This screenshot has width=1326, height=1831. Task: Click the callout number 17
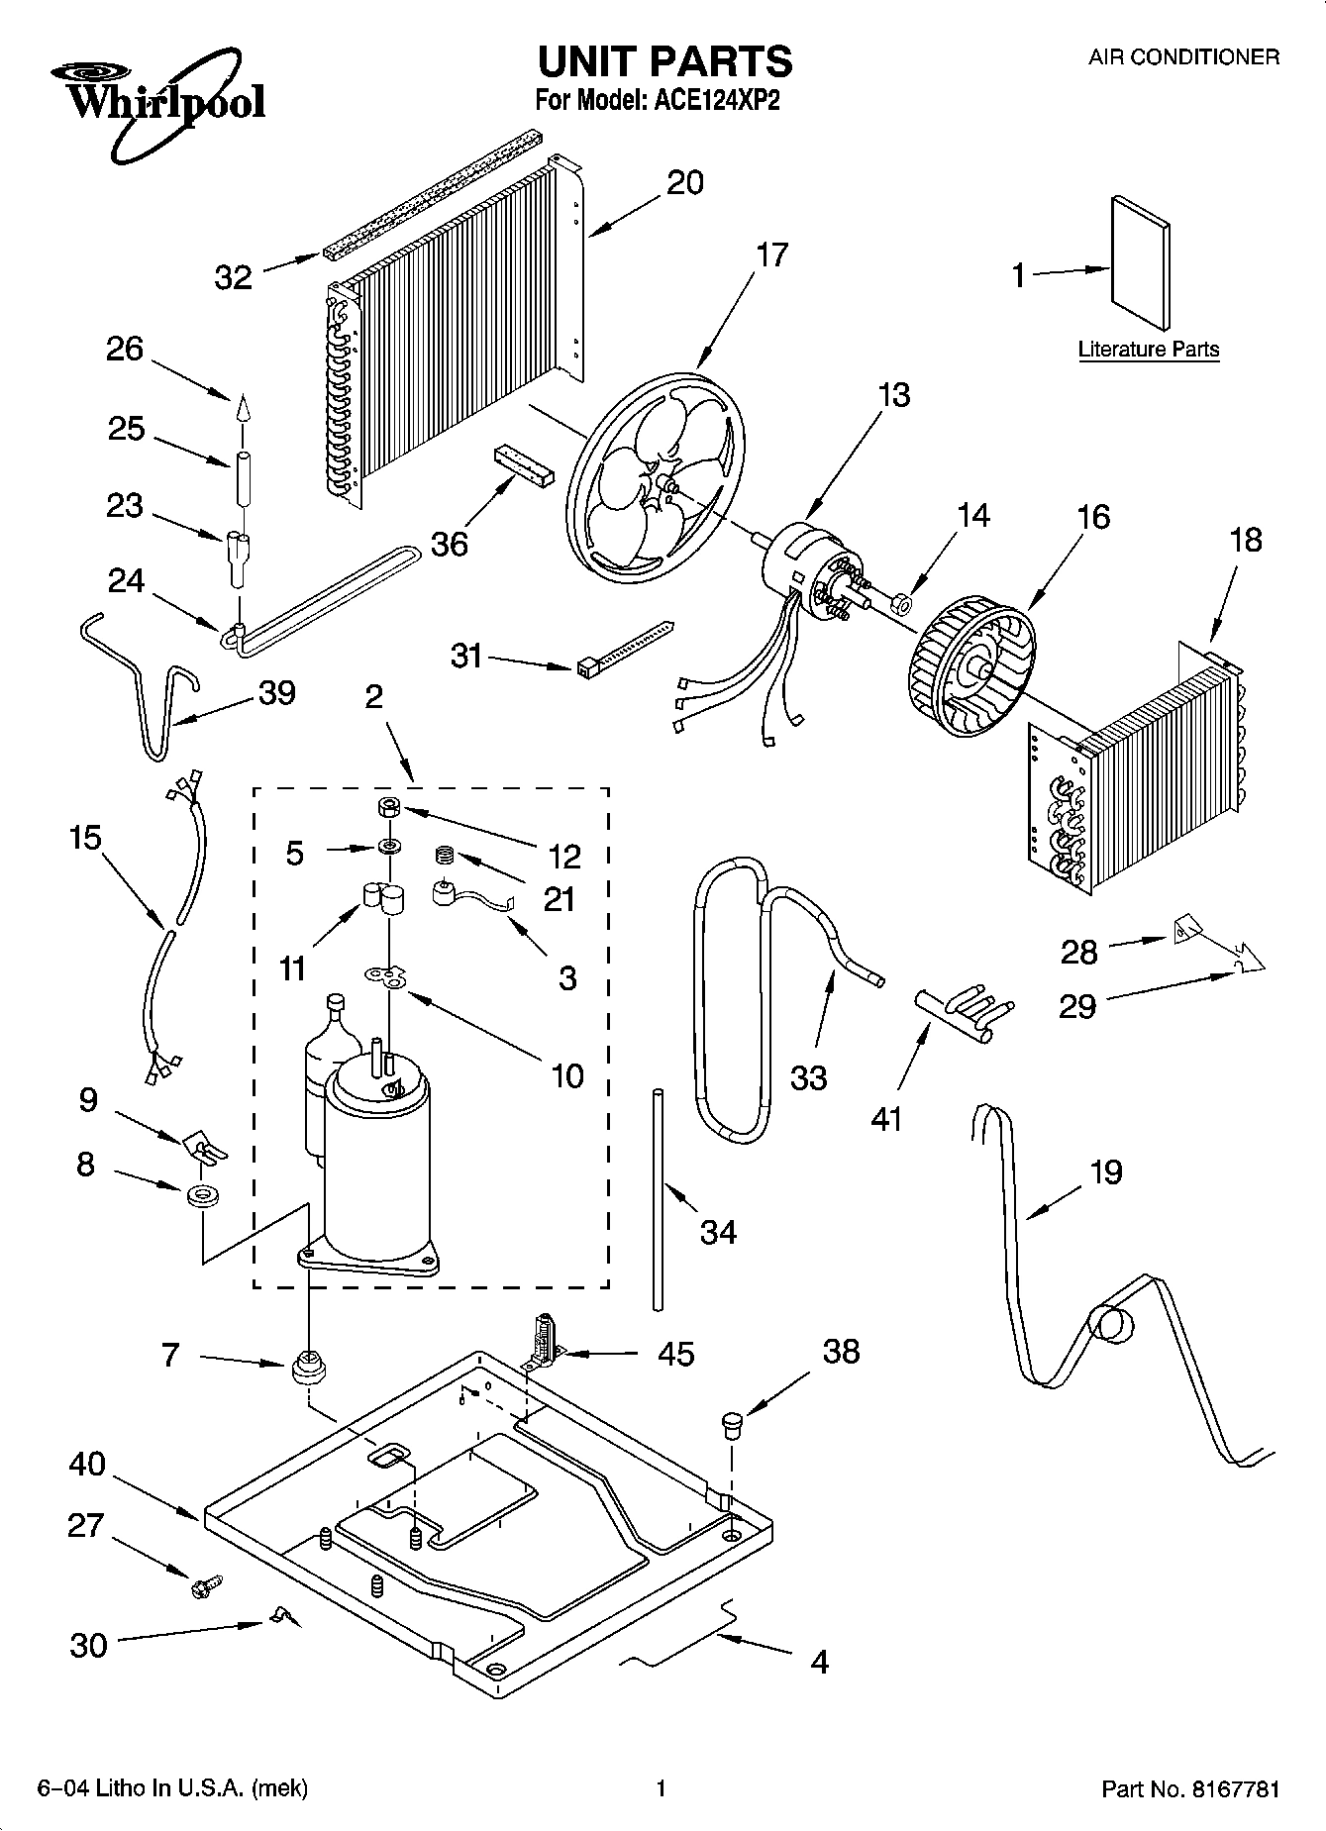(771, 254)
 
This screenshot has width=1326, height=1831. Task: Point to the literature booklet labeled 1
(1140, 261)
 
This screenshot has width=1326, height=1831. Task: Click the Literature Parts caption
(1148, 350)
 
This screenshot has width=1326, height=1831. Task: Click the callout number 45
(676, 1354)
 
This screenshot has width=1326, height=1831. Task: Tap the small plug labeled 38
(732, 1423)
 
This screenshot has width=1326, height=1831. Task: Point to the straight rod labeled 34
(657, 1199)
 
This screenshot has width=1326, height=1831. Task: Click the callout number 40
(87, 1463)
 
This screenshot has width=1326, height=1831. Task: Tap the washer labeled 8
(204, 1194)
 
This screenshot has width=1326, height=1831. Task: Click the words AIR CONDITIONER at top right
(1183, 57)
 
